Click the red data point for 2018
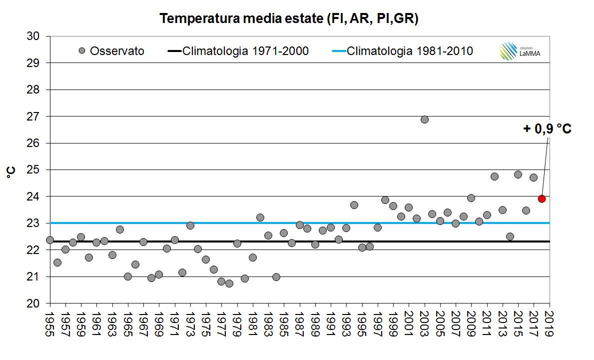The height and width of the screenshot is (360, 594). tap(542, 198)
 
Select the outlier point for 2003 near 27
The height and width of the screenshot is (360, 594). tap(425, 119)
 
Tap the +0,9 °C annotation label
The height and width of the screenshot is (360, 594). tap(548, 129)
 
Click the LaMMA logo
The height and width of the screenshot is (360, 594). tap(516, 51)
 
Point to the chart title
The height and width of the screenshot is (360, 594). tap(289, 19)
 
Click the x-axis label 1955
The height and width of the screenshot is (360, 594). tap(50, 325)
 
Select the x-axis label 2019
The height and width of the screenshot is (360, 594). tap(550, 325)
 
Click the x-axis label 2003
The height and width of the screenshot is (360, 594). tap(425, 325)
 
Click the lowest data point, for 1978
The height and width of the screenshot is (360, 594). tap(229, 283)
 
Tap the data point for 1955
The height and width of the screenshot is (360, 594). tap(50, 240)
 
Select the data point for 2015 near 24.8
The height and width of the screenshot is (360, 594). tap(518, 174)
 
